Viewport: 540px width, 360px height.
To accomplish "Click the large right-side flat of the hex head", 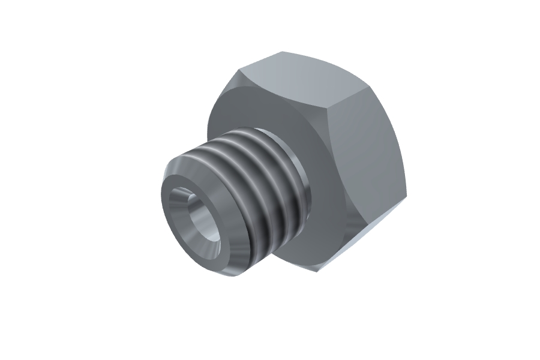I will click(366, 162).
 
